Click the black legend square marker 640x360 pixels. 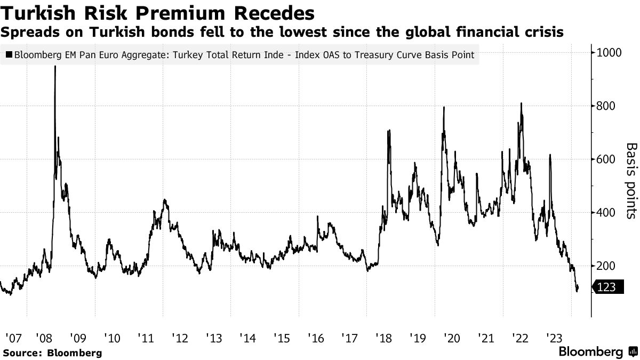[x=9, y=54]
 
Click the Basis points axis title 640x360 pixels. [x=631, y=181]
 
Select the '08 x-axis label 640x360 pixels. [x=44, y=338]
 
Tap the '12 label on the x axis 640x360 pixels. [x=180, y=338]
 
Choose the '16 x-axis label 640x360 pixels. [x=315, y=338]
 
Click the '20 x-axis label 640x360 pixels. [x=451, y=338]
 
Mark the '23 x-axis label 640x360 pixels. [x=553, y=338]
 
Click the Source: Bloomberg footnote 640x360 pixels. [x=52, y=353]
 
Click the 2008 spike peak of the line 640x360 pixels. [x=55, y=68]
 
